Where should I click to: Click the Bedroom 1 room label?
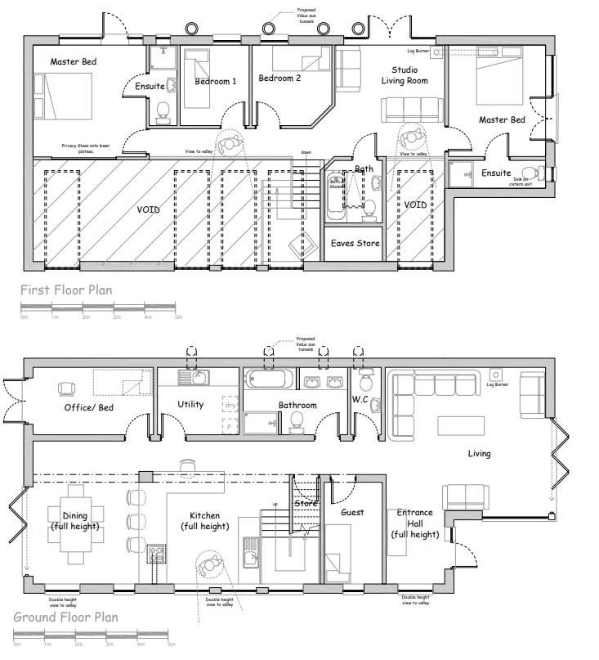pos(216,82)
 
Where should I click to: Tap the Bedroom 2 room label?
pos(279,79)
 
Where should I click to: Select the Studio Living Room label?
pos(405,75)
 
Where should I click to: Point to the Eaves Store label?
pos(355,243)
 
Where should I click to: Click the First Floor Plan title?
pos(66,290)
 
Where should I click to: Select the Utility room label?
pos(190,405)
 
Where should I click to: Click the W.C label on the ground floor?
pos(361,400)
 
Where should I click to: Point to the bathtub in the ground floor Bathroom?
pos(267,379)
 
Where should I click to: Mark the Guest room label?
pos(352,513)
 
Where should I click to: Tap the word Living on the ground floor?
pos(479,453)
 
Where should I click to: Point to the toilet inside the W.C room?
pos(367,380)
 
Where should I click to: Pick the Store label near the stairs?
pos(305,504)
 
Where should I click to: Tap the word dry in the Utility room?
pos(230,404)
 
